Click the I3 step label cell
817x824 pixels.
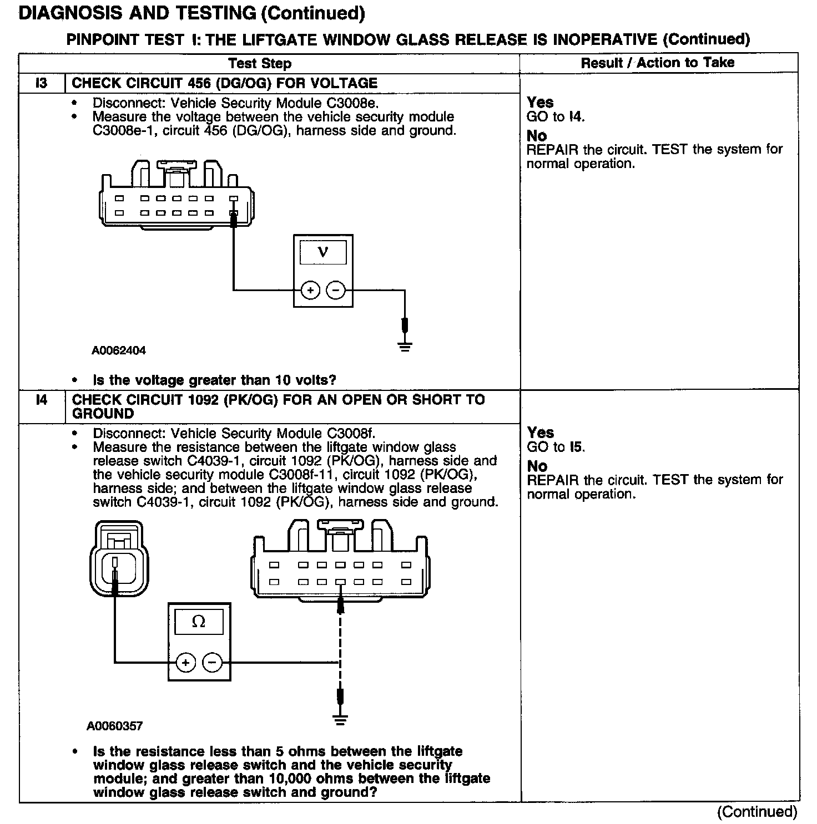pyautogui.click(x=42, y=83)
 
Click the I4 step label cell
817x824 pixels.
pyautogui.click(x=42, y=400)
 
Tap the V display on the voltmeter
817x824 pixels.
pyautogui.click(x=323, y=252)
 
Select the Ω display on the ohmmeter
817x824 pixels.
pyautogui.click(x=199, y=622)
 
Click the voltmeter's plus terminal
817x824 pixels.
pyautogui.click(x=310, y=290)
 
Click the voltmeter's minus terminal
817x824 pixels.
pyautogui.click(x=335, y=290)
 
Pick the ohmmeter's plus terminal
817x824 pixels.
pyautogui.click(x=186, y=662)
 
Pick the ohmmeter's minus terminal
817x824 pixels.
pyautogui.click(x=212, y=662)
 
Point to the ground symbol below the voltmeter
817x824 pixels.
pyautogui.click(x=405, y=347)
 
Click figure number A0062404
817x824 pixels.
pyautogui.click(x=119, y=350)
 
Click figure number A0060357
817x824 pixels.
pyautogui.click(x=114, y=726)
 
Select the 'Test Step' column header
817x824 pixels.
pyautogui.click(x=260, y=63)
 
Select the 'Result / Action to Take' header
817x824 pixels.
pyautogui.click(x=658, y=63)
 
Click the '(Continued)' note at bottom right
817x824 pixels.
pyautogui.click(x=757, y=812)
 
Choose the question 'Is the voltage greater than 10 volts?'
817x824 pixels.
pyautogui.click(x=214, y=380)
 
